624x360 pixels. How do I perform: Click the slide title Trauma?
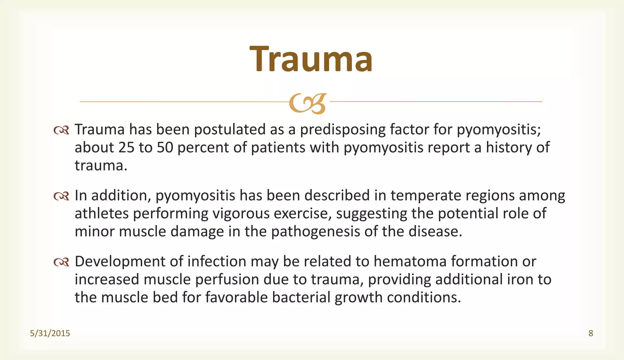(311, 59)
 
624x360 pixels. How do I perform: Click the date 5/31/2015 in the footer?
(50, 334)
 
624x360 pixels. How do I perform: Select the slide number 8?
(590, 334)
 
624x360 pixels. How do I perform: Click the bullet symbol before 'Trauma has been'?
(61, 131)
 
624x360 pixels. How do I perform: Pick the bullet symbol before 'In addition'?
(61, 196)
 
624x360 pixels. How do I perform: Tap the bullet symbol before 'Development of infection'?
(61, 262)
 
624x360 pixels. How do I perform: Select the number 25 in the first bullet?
(126, 148)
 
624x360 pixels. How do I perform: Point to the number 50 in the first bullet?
(165, 148)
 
